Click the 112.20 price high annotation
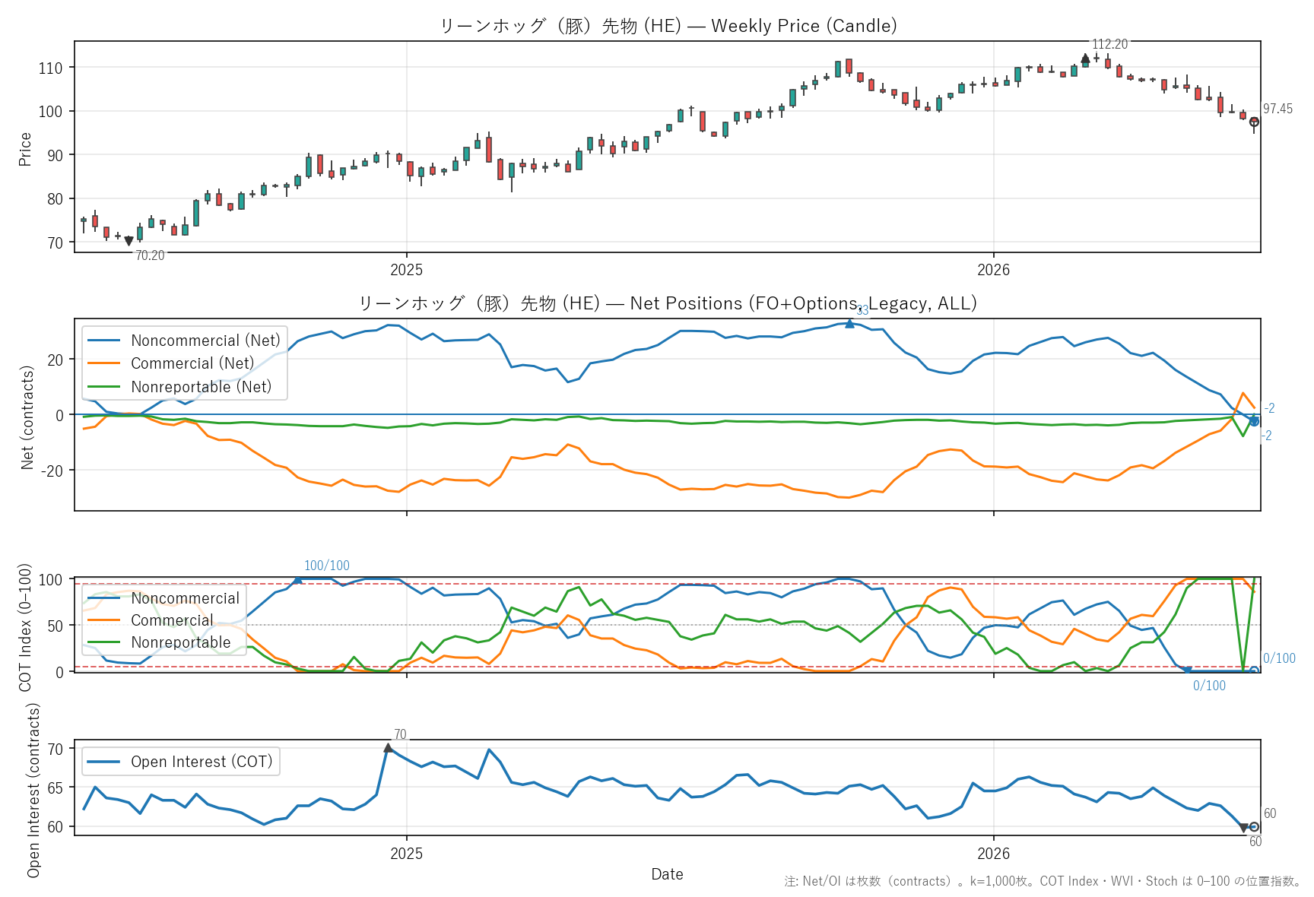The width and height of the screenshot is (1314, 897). pyautogui.click(x=1109, y=44)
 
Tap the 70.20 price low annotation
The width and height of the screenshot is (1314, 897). pyautogui.click(x=150, y=255)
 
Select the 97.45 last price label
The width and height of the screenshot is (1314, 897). pyautogui.click(x=1277, y=109)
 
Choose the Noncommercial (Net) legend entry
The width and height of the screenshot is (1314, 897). pyautogui.click(x=184, y=341)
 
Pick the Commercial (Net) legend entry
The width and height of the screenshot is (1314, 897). pyautogui.click(x=171, y=363)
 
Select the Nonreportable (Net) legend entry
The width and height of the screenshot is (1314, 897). pyautogui.click(x=179, y=387)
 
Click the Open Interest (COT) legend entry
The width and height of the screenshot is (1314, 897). pyautogui.click(x=180, y=762)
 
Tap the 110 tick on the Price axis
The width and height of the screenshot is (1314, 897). pyautogui.click(x=50, y=68)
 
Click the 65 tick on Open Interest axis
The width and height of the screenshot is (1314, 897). pyautogui.click(x=56, y=788)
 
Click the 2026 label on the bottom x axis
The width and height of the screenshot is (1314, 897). pyautogui.click(x=993, y=854)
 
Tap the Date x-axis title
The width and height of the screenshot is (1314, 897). pyautogui.click(x=667, y=874)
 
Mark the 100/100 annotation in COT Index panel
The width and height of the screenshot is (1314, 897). pyautogui.click(x=327, y=566)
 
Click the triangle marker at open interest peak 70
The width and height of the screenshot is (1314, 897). pyautogui.click(x=389, y=748)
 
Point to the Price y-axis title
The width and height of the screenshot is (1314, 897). pyautogui.click(x=25, y=149)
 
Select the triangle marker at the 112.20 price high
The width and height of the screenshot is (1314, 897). pyautogui.click(x=1085, y=59)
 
